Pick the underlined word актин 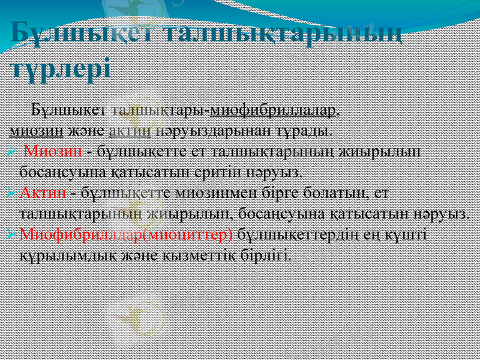tap(134, 129)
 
